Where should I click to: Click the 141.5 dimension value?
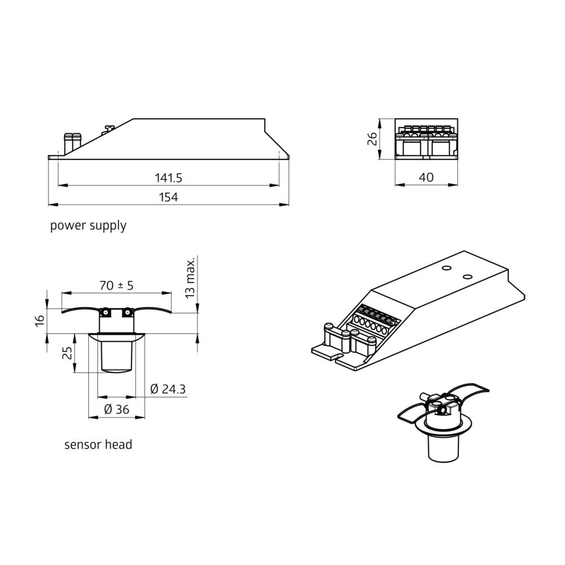pos(168,177)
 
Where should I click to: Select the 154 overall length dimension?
pos(168,197)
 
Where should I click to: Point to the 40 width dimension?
pos(427,177)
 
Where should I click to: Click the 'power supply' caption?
pos(88,225)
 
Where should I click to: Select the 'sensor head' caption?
pos(98,445)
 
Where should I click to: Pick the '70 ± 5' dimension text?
pos(116,285)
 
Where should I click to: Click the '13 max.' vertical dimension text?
pos(190,277)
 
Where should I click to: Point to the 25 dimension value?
pos(67,353)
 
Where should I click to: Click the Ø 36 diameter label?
pos(116,410)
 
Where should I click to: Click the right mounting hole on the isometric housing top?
pos(467,276)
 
